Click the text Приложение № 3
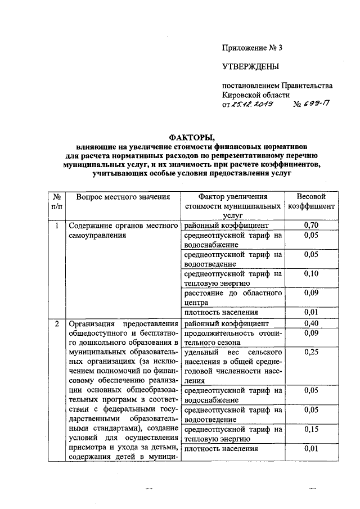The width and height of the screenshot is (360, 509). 251,47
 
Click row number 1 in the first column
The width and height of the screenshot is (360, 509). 56,226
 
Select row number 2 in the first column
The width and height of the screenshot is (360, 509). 56,323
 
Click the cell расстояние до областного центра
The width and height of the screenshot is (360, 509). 232,298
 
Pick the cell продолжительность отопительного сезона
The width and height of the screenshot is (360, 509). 232,337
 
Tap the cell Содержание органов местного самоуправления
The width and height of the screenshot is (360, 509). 123,231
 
